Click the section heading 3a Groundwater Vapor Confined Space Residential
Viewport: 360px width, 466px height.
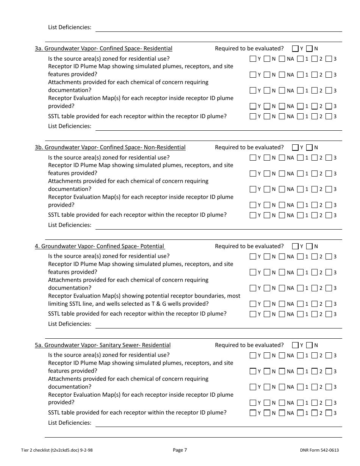point(103,48)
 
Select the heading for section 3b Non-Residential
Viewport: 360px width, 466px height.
point(110,147)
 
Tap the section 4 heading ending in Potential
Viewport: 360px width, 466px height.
point(99,246)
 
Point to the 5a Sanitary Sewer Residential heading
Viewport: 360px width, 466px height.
point(103,345)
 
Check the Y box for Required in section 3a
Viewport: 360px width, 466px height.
point(295,48)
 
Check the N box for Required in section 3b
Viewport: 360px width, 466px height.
point(309,147)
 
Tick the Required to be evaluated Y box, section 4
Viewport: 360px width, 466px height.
point(295,246)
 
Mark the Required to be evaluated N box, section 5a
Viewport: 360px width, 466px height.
point(309,345)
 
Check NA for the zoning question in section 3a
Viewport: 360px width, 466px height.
point(282,59)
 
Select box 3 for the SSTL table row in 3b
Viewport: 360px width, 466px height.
point(329,215)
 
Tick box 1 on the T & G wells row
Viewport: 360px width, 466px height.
point(300,304)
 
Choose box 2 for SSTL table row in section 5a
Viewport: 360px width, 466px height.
point(314,413)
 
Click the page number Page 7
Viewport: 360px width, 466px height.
point(180,450)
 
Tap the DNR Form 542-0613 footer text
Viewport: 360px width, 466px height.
point(319,450)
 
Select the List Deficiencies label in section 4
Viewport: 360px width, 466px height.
point(70,324)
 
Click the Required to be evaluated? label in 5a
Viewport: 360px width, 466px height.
point(249,345)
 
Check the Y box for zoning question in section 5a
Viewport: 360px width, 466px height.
point(253,355)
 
